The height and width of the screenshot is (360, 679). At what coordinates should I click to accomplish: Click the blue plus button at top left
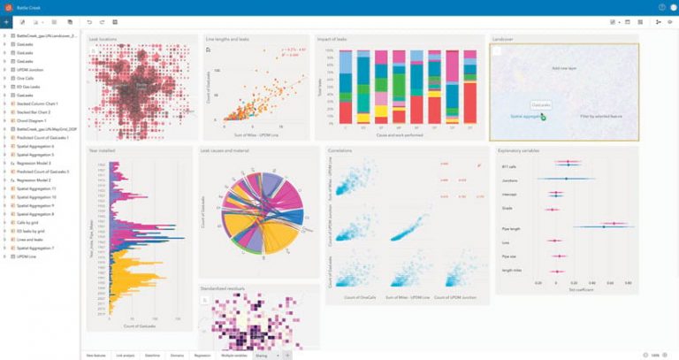click(x=6, y=20)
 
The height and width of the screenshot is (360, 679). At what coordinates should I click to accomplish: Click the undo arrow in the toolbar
click(x=88, y=20)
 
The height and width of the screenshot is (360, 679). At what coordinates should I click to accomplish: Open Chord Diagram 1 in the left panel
click(x=33, y=120)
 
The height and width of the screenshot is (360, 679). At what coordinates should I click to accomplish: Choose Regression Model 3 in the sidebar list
click(x=34, y=164)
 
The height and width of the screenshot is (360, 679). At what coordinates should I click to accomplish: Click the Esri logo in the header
click(x=8, y=6)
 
